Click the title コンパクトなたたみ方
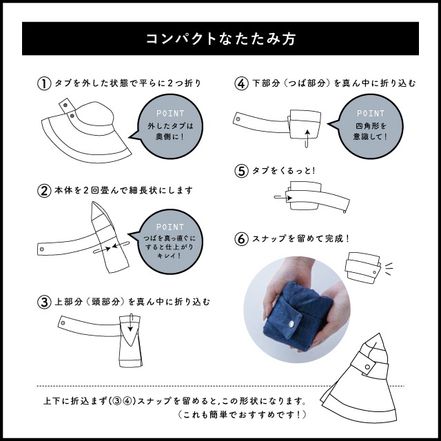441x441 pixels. (220, 39)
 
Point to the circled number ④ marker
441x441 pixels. (241, 83)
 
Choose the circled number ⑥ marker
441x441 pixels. (241, 239)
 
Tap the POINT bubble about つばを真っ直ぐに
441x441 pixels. (170, 241)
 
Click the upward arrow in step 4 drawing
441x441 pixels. (307, 133)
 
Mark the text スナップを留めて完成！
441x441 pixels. (300, 239)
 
